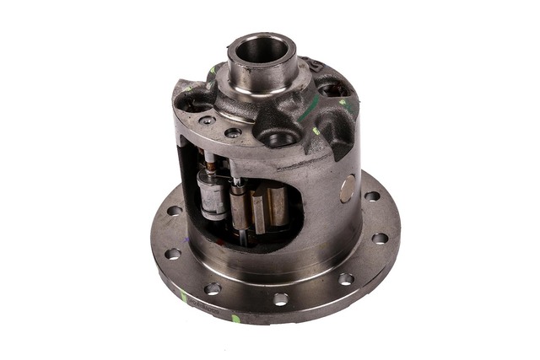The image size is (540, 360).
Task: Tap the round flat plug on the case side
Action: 348,189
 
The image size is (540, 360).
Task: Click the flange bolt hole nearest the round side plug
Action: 372,196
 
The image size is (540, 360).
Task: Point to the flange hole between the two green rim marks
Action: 213,288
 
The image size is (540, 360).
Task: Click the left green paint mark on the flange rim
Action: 184,296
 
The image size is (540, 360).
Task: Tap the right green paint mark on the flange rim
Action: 236,319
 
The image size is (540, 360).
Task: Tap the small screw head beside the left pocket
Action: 207,121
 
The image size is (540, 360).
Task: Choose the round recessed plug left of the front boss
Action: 233,132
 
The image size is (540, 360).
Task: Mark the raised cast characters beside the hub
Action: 315,66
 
